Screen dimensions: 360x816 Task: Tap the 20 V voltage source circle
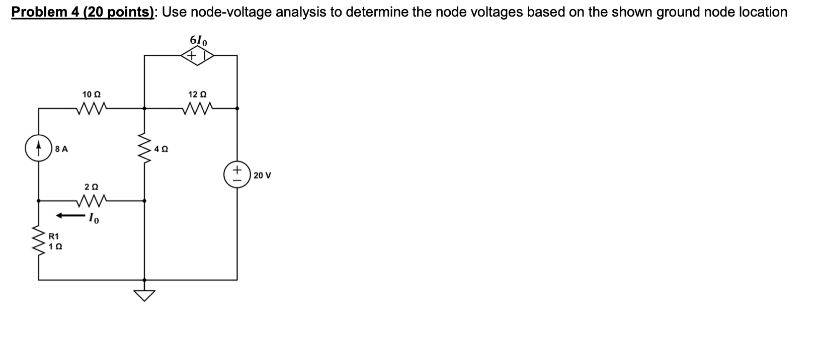click(237, 175)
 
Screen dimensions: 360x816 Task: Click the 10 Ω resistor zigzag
click(92, 108)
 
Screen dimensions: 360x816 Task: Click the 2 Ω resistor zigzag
click(91, 201)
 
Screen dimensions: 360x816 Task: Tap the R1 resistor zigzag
click(39, 241)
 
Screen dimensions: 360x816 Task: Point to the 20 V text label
click(263, 175)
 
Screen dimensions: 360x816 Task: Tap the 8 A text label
click(62, 149)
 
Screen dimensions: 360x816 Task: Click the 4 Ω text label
click(161, 149)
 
